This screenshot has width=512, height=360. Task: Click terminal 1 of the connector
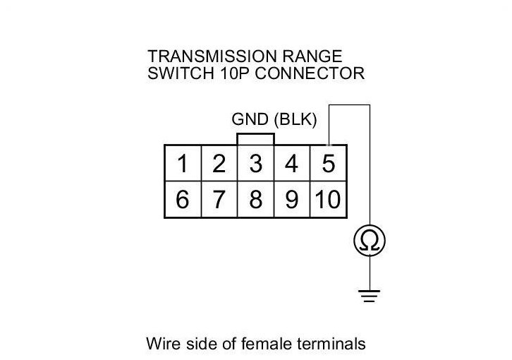(183, 164)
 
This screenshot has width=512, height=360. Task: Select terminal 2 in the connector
(219, 164)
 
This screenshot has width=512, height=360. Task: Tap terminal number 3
(255, 164)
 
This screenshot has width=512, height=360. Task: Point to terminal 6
(183, 200)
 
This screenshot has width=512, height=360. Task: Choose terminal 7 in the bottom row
(219, 200)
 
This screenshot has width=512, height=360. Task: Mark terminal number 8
(255, 200)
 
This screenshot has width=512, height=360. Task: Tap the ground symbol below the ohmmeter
(370, 296)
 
